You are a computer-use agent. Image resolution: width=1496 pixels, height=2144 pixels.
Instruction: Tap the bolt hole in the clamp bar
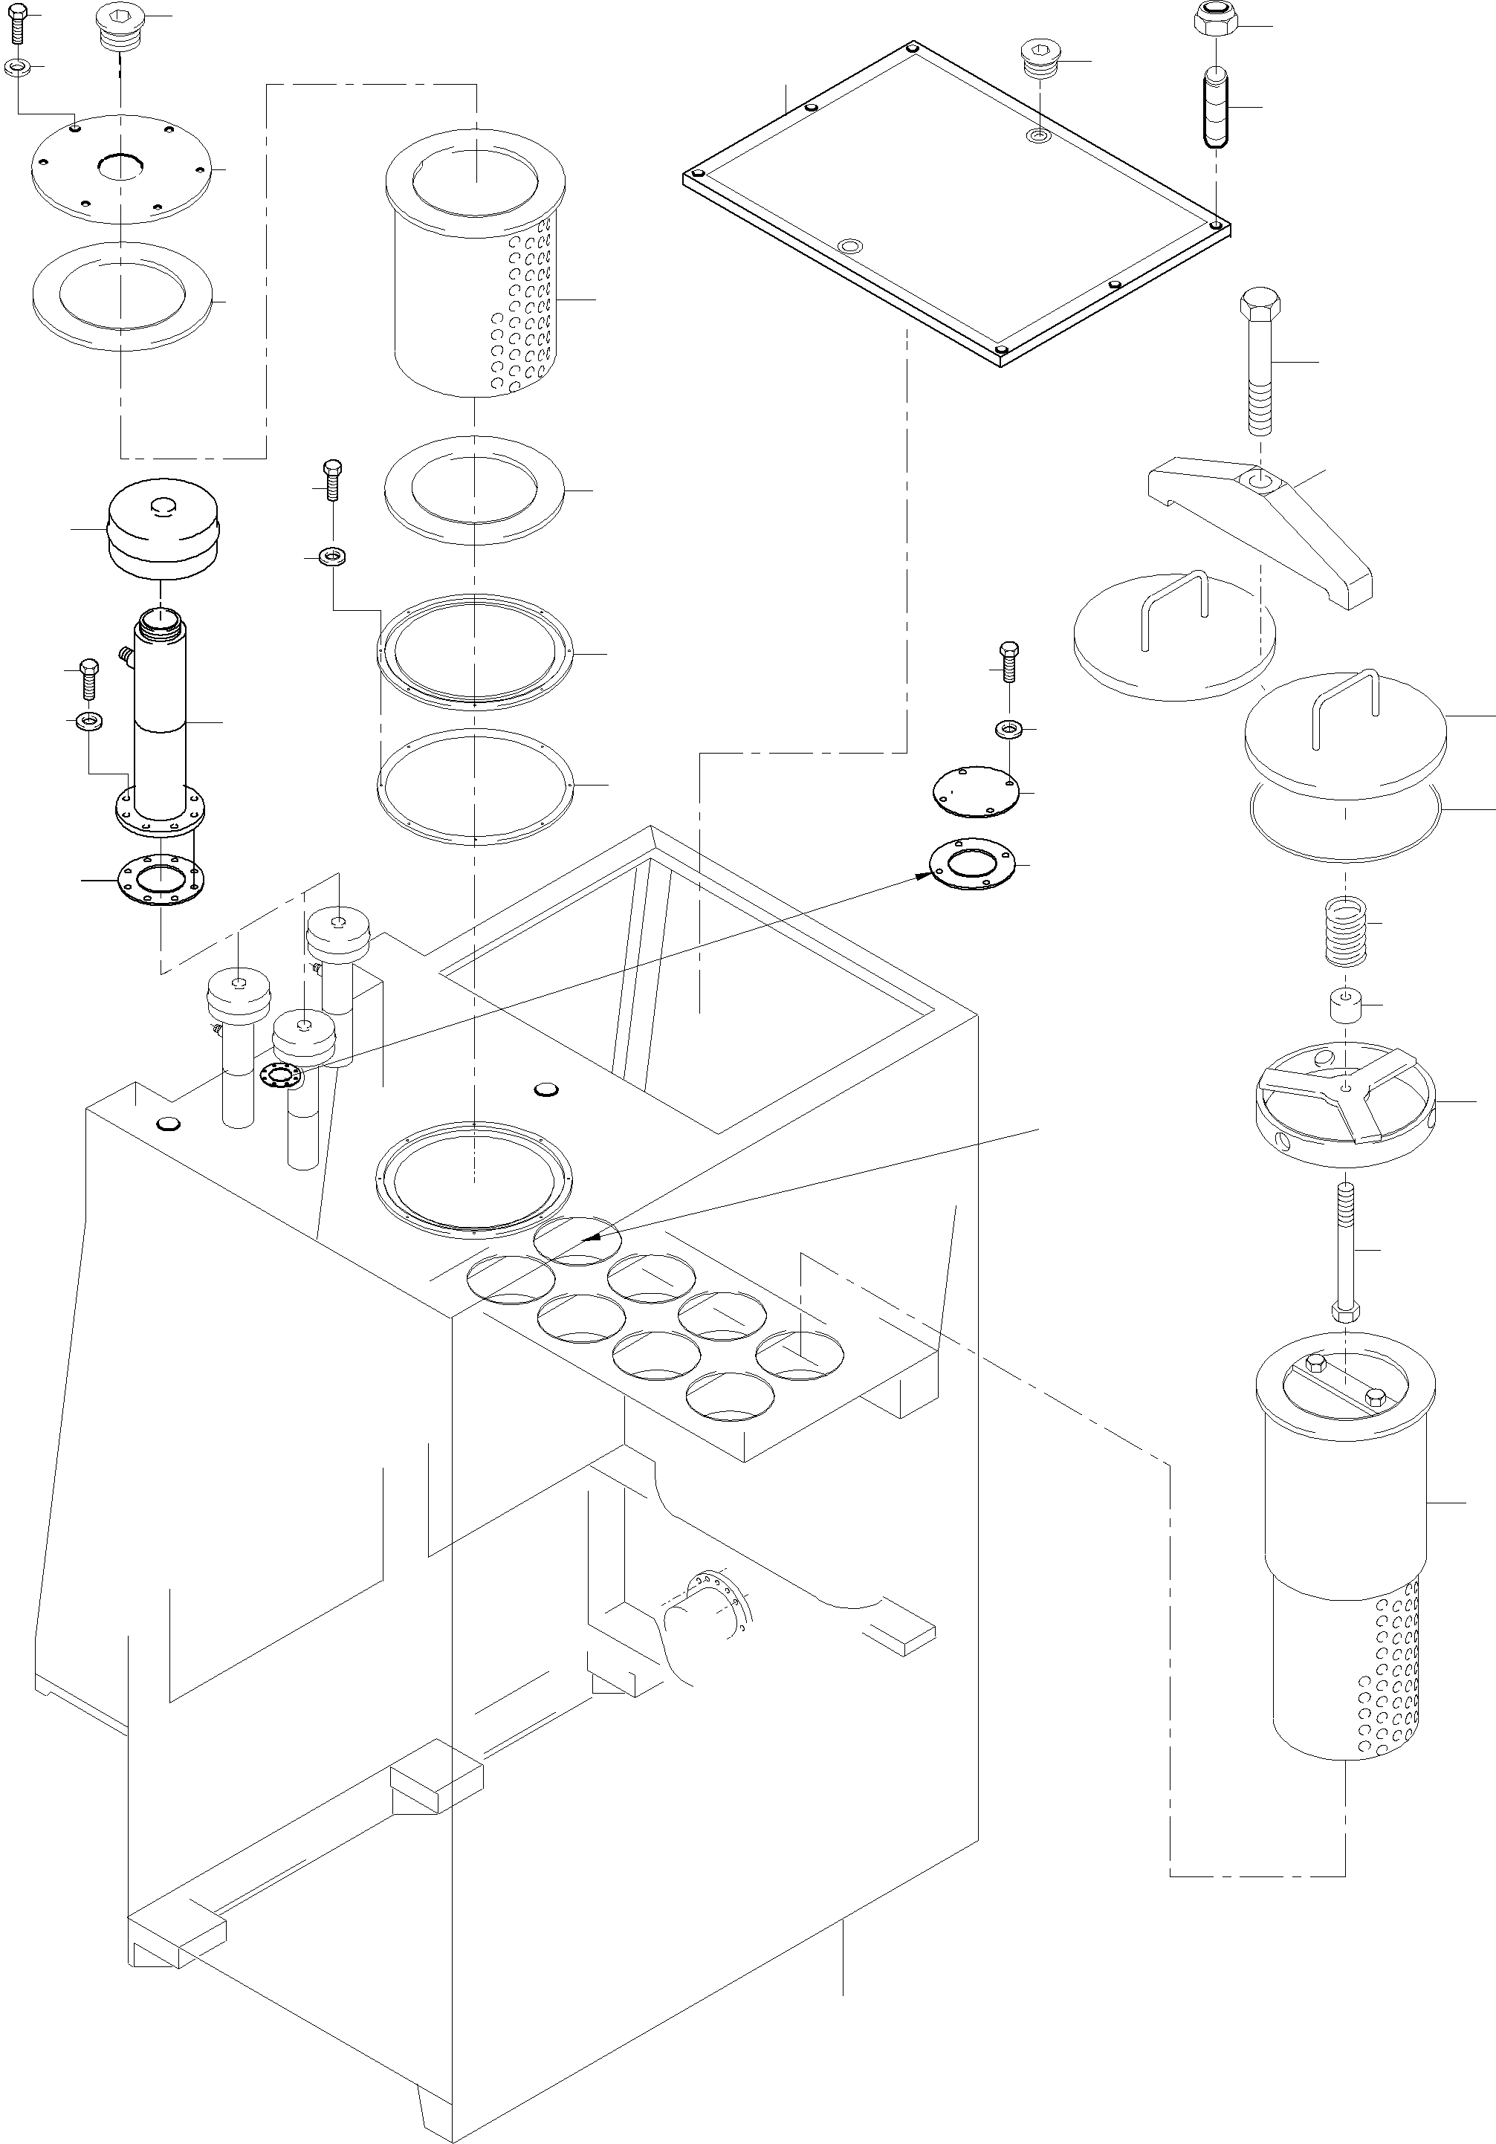pyautogui.click(x=1260, y=482)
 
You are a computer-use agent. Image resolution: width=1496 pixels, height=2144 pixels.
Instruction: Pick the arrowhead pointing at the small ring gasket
pyautogui.click(x=922, y=876)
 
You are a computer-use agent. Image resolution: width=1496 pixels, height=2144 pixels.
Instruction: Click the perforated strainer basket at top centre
pyautogui.click(x=476, y=280)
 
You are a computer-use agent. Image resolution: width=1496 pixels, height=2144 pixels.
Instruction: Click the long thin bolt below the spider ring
pyautogui.click(x=1346, y=1251)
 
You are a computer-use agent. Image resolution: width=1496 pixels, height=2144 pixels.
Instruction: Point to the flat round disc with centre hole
pyautogui.click(x=121, y=170)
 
